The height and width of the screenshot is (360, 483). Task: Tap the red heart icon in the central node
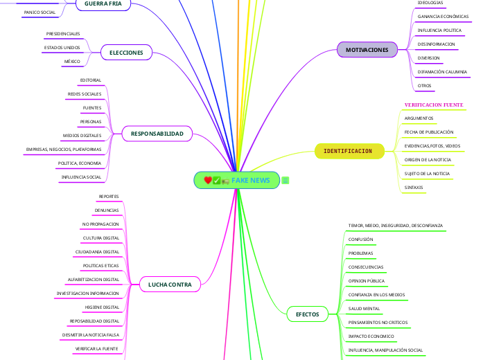[208, 181]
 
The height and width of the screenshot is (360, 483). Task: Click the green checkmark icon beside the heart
[217, 181]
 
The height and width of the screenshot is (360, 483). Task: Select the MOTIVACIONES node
[367, 50]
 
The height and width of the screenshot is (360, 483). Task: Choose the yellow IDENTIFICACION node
[348, 151]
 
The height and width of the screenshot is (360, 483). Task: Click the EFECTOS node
[307, 314]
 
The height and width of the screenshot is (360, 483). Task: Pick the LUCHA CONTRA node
[170, 285]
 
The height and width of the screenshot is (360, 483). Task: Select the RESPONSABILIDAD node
[157, 134]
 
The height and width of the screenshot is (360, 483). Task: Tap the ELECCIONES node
[126, 53]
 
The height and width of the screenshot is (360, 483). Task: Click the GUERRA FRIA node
[103, 4]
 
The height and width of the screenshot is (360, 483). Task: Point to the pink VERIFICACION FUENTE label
[434, 105]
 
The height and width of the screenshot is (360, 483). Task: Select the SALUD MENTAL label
[364, 308]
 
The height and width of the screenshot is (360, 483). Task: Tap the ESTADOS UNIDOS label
[62, 48]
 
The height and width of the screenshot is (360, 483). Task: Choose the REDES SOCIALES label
[84, 93]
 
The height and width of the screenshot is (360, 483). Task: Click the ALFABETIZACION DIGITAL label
[94, 279]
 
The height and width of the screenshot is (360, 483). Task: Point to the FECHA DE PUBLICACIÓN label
[429, 132]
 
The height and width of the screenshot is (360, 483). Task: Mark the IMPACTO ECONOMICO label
[371, 336]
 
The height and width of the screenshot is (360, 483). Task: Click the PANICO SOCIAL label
[39, 12]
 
